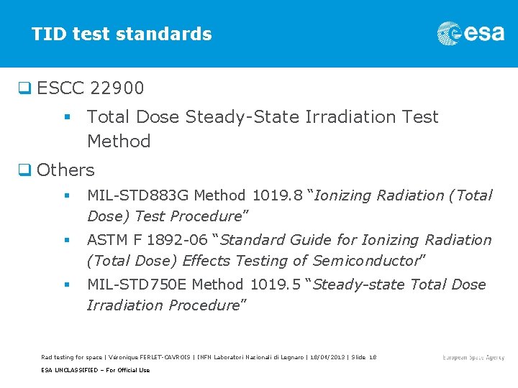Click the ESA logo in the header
(x=471, y=33)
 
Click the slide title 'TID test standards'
(x=122, y=34)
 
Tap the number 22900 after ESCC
(x=117, y=88)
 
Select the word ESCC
(x=60, y=88)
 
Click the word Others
(x=65, y=170)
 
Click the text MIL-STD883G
(x=138, y=195)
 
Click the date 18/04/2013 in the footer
(x=324, y=357)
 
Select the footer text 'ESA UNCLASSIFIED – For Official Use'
(x=96, y=370)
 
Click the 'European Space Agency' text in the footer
(x=473, y=357)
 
